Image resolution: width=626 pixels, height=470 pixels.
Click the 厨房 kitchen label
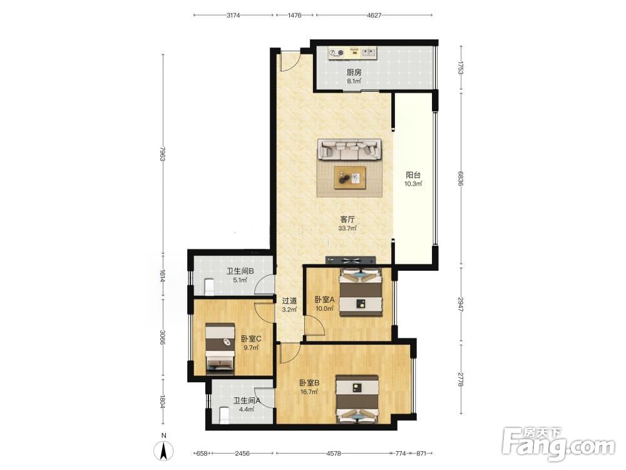click(x=354, y=72)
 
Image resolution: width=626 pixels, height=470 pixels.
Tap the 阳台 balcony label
click(x=413, y=175)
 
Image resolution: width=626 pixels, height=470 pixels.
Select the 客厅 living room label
click(x=347, y=219)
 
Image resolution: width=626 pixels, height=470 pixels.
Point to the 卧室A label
click(x=324, y=300)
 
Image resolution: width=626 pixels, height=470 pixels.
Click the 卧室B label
click(x=309, y=383)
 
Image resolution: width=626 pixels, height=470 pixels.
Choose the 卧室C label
click(x=251, y=339)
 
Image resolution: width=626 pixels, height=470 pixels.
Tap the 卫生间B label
click(x=240, y=271)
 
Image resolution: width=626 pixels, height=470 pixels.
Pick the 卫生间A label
click(x=247, y=400)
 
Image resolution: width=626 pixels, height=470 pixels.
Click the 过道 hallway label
click(x=289, y=301)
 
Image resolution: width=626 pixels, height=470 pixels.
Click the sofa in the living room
click(x=349, y=150)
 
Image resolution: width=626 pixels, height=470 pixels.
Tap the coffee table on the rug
click(x=350, y=177)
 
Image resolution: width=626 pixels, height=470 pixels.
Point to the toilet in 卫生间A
click(x=224, y=415)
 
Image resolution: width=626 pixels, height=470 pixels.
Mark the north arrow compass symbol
click(x=163, y=451)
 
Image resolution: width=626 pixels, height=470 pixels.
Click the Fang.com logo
click(x=559, y=443)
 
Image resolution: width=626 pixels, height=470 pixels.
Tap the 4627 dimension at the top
click(x=374, y=15)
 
